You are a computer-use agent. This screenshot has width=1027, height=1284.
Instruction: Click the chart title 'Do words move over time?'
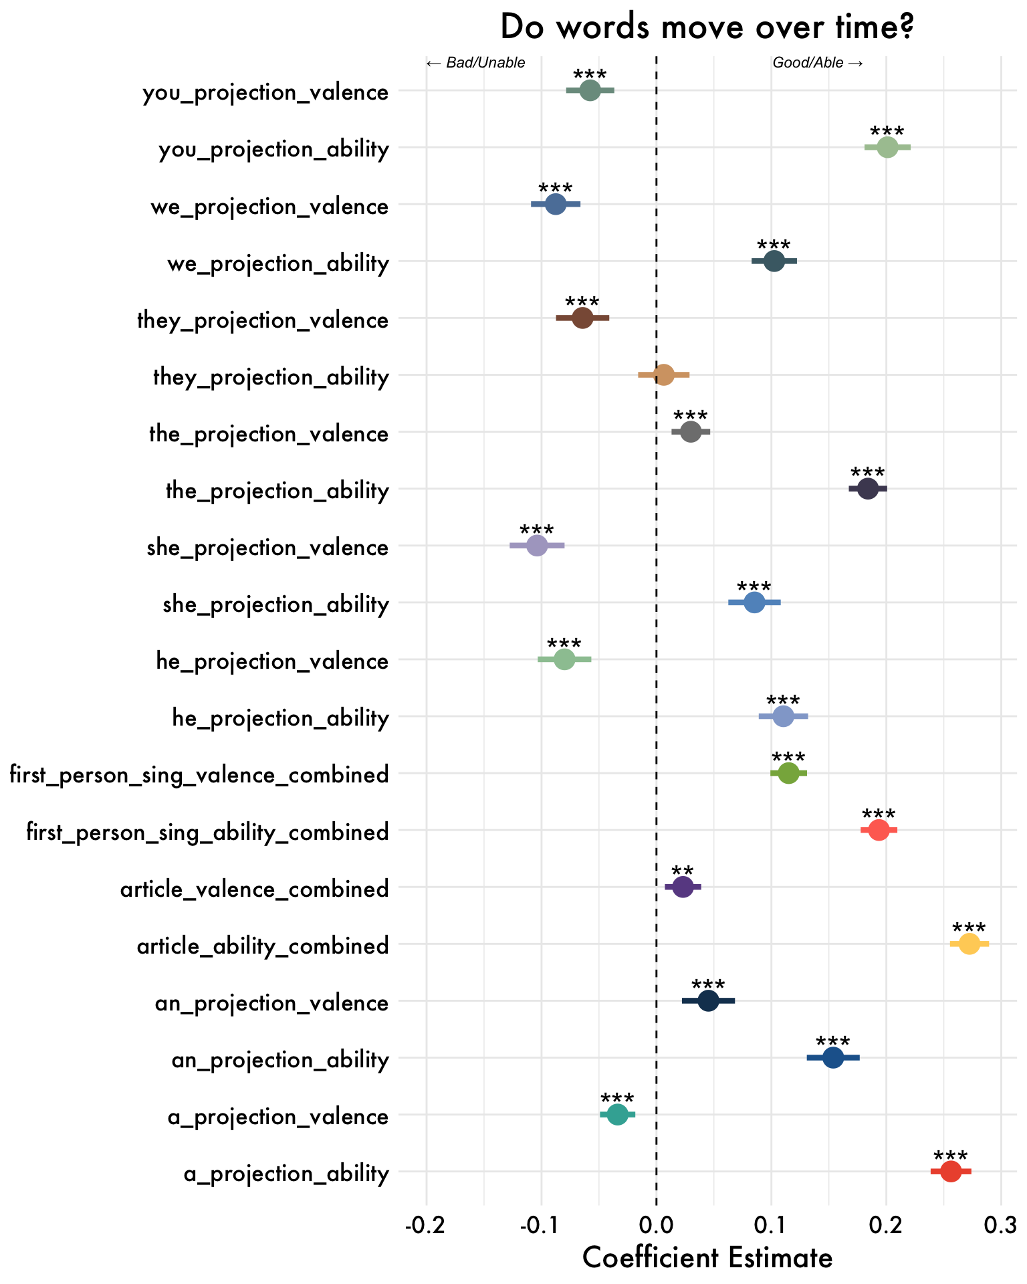707,28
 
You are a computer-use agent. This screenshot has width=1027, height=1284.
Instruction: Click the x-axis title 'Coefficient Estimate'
707,1257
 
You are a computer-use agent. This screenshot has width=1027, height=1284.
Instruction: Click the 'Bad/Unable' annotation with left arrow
475,64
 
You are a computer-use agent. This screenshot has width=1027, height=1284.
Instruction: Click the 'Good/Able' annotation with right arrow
818,64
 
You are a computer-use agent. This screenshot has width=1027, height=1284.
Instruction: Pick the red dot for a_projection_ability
950,1171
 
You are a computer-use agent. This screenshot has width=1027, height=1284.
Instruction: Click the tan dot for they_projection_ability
663,374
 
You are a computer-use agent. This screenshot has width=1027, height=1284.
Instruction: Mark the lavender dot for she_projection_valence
537,545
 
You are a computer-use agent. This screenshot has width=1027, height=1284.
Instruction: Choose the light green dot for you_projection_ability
887,147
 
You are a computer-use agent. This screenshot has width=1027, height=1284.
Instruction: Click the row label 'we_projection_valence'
269,207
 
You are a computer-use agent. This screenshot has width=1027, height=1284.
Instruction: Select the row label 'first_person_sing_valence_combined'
199,775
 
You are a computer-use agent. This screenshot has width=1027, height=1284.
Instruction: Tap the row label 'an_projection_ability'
280,1059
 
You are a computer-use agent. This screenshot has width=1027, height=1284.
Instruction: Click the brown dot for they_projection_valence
582,318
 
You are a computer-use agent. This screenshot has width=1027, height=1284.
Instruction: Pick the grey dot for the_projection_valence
691,431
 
